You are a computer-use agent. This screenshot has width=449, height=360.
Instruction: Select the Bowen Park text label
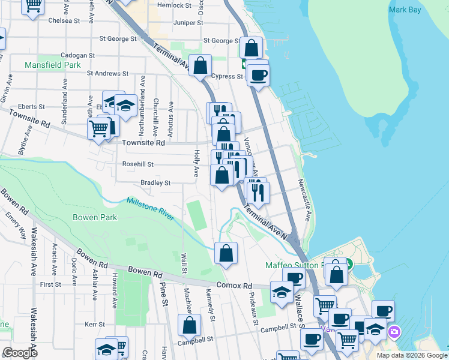coord(95,217)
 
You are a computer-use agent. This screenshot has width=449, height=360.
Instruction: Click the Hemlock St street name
coord(173,5)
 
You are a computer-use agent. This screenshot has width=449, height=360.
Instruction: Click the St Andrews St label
coord(107,73)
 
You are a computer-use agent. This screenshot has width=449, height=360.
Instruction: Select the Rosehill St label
coord(138,164)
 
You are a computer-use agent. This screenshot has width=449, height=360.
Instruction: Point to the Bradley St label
coord(155,182)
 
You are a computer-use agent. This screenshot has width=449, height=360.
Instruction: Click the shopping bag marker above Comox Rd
coord(226,254)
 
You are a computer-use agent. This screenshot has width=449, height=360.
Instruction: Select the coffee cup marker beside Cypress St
coord(259,76)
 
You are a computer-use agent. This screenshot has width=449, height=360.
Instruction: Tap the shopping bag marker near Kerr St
coord(189,326)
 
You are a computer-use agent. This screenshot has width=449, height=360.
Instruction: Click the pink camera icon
coord(394,331)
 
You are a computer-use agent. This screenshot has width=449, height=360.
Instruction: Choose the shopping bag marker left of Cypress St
coord(200,65)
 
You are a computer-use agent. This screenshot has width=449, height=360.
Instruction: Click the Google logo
coord(20,353)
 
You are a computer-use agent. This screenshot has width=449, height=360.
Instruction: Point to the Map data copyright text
coord(411,355)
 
